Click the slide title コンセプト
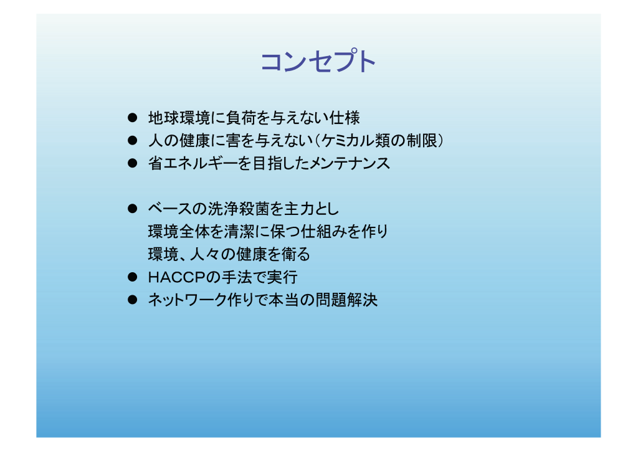[318, 61]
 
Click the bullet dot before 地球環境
[132, 118]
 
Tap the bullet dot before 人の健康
[132, 141]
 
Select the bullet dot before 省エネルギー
[132, 163]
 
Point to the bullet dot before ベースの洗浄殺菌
[132, 209]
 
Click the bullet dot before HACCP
[132, 277]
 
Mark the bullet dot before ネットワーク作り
[132, 300]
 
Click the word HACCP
[177, 277]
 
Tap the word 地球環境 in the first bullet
[179, 118]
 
